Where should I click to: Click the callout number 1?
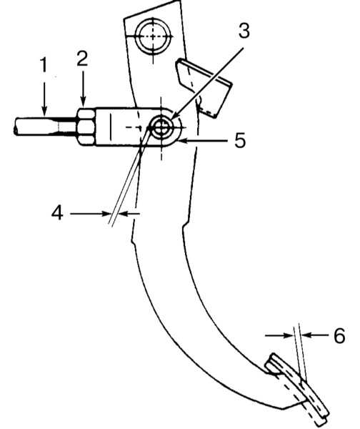click(44, 65)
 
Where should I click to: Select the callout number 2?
click(82, 59)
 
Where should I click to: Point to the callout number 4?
click(57, 213)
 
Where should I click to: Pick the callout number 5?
click(240, 140)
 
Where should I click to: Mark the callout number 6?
click(339, 335)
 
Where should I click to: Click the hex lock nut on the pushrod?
click(86, 126)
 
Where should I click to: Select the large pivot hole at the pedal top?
click(153, 36)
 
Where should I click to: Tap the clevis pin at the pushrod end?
click(162, 127)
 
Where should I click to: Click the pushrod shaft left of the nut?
click(45, 127)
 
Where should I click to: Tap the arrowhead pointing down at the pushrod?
click(44, 110)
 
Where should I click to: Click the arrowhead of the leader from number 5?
click(181, 141)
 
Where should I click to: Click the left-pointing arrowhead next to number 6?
click(307, 335)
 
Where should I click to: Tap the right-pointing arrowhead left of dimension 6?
click(289, 335)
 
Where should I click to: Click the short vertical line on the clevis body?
click(111, 127)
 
